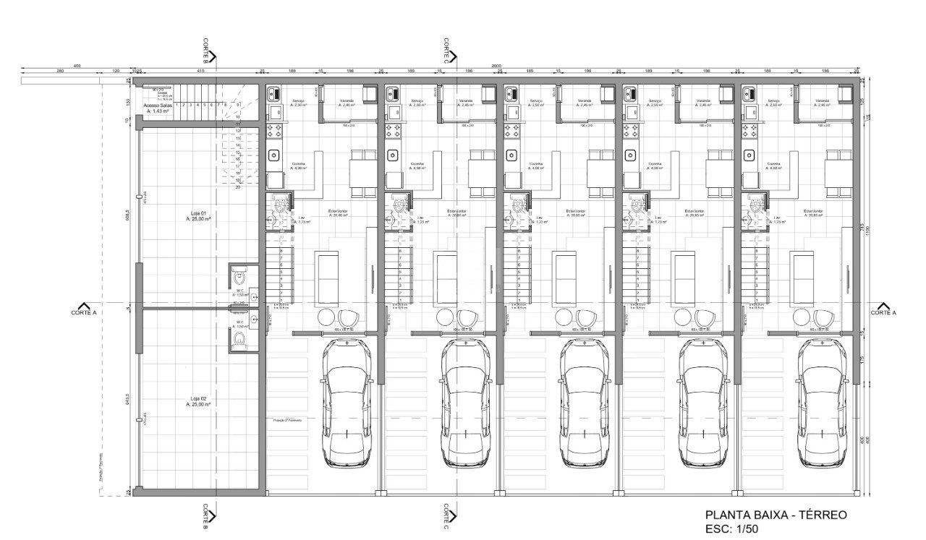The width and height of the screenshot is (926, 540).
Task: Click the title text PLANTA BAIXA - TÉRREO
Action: [776, 515]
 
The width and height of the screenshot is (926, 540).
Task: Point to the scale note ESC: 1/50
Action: [732, 529]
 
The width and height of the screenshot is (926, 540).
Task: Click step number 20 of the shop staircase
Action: [237, 187]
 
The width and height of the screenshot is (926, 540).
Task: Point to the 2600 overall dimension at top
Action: [496, 66]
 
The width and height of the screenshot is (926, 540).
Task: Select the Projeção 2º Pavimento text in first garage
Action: [287, 419]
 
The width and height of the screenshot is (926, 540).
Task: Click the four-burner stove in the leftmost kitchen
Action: [276, 131]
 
